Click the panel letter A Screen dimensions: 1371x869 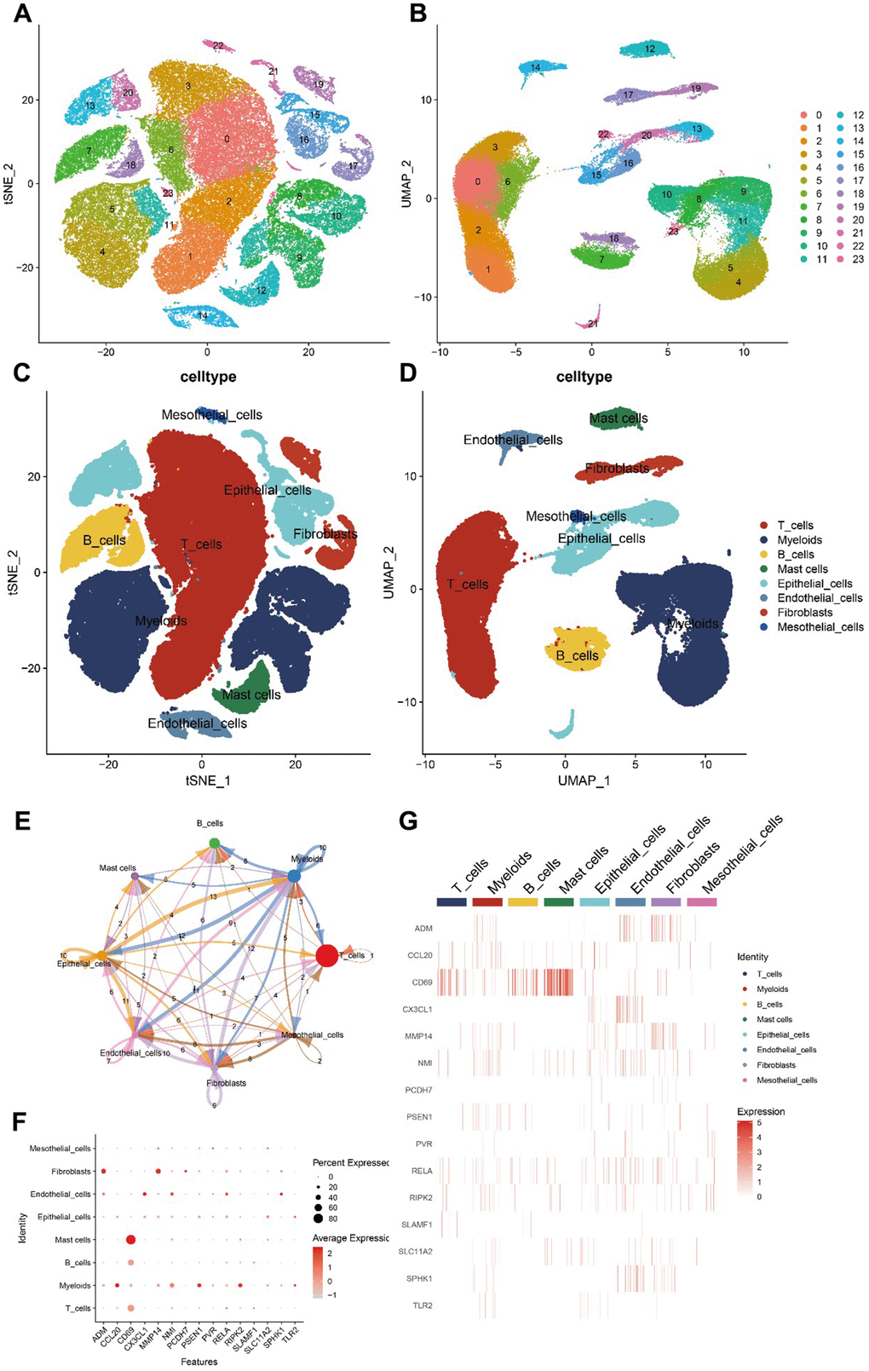(x=22, y=14)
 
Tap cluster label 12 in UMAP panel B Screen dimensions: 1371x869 (x=650, y=49)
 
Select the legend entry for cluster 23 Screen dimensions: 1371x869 (x=858, y=259)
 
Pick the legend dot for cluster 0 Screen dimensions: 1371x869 (x=803, y=115)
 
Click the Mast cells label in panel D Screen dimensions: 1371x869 (x=619, y=418)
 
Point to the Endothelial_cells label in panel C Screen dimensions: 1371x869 (x=197, y=723)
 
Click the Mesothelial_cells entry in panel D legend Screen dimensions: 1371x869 (x=820, y=627)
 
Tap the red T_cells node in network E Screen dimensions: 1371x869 (x=326, y=955)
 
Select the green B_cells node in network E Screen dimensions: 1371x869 (x=215, y=844)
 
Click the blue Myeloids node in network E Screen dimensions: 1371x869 (x=294, y=876)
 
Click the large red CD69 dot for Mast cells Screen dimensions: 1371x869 (x=130, y=1240)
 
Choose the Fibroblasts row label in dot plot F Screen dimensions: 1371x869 (x=71, y=1172)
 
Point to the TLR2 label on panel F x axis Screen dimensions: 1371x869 (x=291, y=1334)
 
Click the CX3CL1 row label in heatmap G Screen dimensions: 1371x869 (x=417, y=1010)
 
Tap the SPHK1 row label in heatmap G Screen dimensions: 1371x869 (x=418, y=1279)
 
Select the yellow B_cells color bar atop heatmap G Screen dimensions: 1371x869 (x=522, y=902)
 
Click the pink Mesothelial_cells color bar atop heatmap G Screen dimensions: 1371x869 (x=701, y=902)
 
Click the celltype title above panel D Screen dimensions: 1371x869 (x=584, y=377)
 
